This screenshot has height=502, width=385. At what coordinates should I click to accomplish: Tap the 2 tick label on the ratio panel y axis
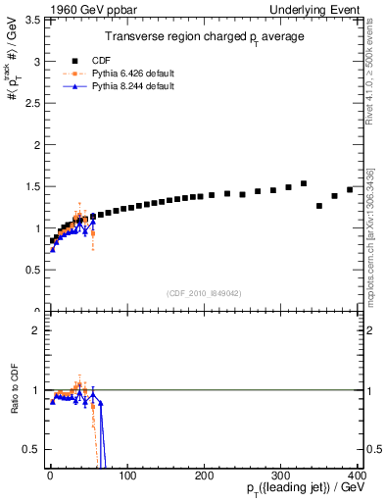click(36, 329)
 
